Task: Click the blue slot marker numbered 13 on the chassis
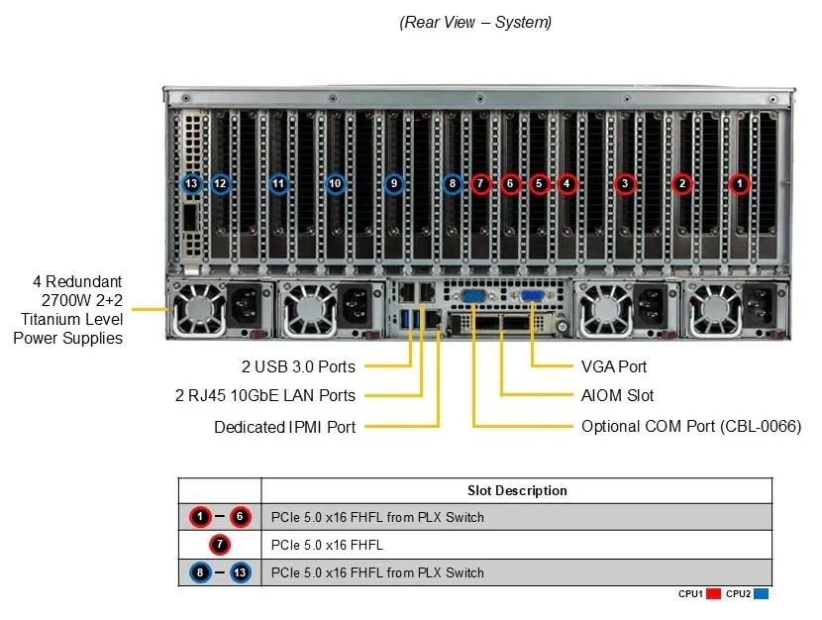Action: pos(191,184)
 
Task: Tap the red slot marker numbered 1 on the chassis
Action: pos(740,184)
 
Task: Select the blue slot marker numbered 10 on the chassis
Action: pos(335,184)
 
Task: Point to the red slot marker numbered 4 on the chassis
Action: pos(566,184)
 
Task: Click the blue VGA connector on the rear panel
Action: pos(531,296)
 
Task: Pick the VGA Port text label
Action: pos(614,366)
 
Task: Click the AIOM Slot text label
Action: pos(618,395)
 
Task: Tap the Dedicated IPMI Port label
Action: pos(284,427)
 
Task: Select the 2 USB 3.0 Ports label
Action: pos(298,366)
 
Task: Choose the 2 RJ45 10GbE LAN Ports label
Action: pos(265,395)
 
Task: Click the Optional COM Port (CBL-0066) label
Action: pos(691,426)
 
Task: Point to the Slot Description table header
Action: pos(517,490)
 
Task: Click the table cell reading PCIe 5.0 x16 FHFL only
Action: pos(327,545)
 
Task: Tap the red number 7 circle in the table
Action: pos(220,545)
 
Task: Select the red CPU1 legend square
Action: pos(713,594)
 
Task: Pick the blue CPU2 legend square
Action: pos(761,594)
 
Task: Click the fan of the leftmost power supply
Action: pos(199,309)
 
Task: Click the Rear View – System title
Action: pos(475,22)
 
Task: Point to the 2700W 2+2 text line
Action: pos(82,300)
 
